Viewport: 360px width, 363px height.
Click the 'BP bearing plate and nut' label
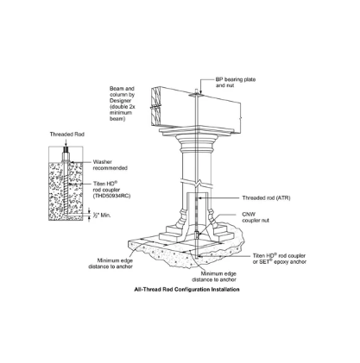tap(236, 83)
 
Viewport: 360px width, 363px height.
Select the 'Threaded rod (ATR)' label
tap(266, 198)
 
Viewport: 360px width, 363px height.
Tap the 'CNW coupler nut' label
tap(256, 217)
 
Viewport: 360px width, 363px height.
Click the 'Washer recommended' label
tap(110, 165)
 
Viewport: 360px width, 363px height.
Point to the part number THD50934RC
tap(111, 196)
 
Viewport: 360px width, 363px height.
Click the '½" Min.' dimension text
tap(102, 216)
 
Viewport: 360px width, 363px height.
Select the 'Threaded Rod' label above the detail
tap(67, 135)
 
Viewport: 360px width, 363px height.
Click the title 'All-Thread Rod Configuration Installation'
tap(186, 290)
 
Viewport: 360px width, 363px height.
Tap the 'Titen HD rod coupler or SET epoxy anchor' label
tap(280, 259)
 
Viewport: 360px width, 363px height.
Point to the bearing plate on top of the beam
tap(195, 94)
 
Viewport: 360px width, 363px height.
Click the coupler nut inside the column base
tap(197, 235)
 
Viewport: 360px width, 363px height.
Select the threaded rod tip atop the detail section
tap(66, 150)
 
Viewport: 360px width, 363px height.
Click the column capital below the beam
tap(197, 141)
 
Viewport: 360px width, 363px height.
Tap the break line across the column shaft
tap(196, 183)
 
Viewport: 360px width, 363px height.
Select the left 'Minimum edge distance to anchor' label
tap(111, 264)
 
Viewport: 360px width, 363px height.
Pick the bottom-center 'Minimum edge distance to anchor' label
tap(214, 277)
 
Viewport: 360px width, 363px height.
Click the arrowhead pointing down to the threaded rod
tap(66, 144)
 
